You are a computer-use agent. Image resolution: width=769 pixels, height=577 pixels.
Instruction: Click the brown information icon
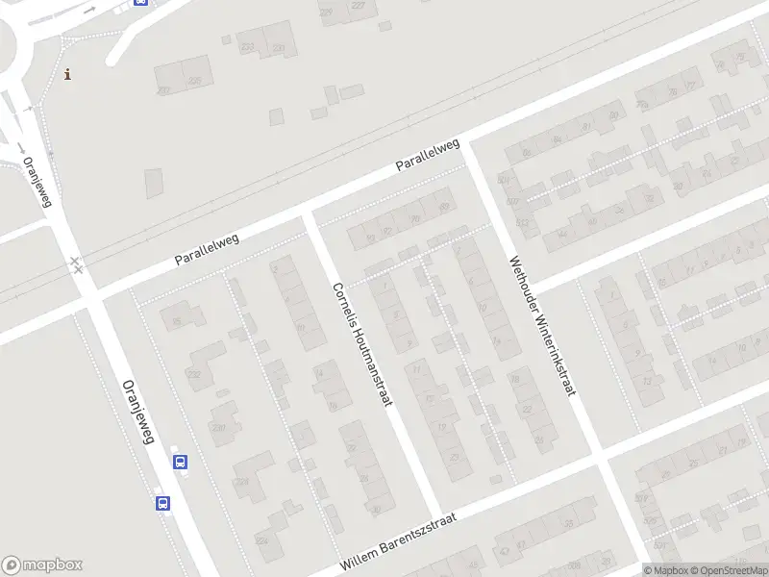(x=67, y=74)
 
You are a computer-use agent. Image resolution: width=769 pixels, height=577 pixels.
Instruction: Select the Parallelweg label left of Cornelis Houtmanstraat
(x=206, y=248)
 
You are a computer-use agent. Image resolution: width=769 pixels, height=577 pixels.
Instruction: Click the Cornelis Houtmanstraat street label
(x=363, y=343)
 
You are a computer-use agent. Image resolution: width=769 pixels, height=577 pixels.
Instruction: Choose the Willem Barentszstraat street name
(x=397, y=542)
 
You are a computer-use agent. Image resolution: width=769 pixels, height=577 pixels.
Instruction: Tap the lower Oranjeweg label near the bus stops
(x=138, y=411)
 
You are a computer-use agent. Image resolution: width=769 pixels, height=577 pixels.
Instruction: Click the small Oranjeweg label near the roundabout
(x=36, y=181)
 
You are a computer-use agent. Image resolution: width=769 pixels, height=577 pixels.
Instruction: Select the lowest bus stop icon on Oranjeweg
(x=162, y=502)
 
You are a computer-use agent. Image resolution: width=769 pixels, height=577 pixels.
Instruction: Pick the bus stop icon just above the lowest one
(x=180, y=462)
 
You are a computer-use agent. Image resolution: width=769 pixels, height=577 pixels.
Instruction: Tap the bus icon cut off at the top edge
(x=140, y=3)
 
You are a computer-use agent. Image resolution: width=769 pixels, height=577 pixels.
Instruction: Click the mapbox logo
(x=42, y=565)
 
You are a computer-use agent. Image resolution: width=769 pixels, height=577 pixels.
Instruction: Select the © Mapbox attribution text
(x=668, y=570)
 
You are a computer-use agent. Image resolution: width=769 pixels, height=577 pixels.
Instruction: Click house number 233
(x=248, y=46)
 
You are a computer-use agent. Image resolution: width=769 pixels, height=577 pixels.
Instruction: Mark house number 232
(x=194, y=375)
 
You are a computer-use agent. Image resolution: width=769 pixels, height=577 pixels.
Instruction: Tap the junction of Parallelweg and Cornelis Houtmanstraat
(x=310, y=213)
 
